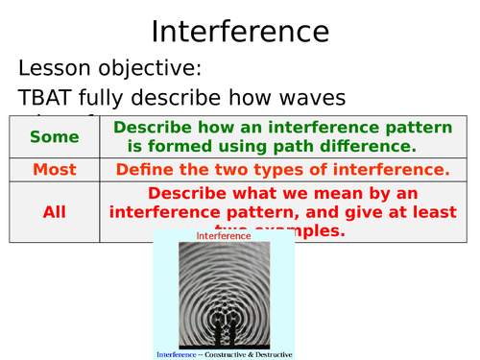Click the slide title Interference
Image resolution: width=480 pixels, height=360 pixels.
click(x=240, y=31)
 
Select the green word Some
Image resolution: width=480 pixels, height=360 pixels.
click(x=55, y=137)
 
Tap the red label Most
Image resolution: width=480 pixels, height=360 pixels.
click(x=55, y=170)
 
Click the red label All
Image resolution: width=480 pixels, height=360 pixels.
click(x=55, y=212)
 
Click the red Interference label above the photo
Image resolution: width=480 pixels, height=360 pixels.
click(x=224, y=235)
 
